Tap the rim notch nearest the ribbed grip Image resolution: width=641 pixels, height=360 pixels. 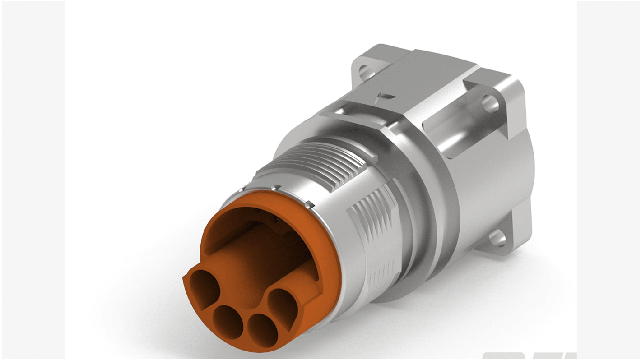click(309, 205)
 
